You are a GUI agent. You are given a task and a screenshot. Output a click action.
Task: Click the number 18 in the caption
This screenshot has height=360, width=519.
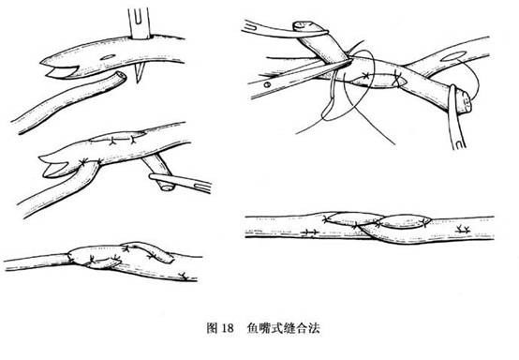click(x=228, y=328)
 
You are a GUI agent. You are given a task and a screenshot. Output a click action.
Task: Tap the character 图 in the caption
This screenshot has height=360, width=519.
click(x=212, y=328)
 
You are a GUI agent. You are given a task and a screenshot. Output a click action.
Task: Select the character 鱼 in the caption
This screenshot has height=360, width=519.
click(x=253, y=328)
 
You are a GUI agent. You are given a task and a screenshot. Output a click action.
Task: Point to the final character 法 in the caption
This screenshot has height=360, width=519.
click(x=315, y=328)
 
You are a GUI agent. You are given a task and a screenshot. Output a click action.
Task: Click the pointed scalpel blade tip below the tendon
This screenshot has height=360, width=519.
click(x=139, y=82)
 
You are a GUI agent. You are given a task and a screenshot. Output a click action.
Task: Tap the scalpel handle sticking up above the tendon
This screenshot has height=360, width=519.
click(x=140, y=22)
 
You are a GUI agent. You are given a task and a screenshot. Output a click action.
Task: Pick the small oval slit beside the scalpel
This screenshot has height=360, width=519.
click(x=107, y=57)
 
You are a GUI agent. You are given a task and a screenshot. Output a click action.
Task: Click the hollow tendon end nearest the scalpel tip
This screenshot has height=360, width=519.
click(x=121, y=77)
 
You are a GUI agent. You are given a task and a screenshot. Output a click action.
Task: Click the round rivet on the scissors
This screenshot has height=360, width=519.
click(x=267, y=84)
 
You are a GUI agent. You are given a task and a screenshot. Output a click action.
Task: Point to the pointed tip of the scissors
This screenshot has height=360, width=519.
click(x=349, y=60)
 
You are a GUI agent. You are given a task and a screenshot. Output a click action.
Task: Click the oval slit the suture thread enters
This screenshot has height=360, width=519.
click(x=452, y=56)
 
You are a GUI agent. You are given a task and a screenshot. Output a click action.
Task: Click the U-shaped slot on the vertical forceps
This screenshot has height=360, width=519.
click(x=460, y=143)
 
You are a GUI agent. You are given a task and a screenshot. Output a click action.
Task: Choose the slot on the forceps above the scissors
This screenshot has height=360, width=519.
click(x=252, y=27)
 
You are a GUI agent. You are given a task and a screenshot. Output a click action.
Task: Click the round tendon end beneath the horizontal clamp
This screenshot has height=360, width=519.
click(x=167, y=187)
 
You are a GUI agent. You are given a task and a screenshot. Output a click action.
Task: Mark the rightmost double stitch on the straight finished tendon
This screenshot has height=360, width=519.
click(x=464, y=229)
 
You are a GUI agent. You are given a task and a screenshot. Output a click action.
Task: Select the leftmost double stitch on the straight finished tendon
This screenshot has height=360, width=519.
click(x=310, y=232)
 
